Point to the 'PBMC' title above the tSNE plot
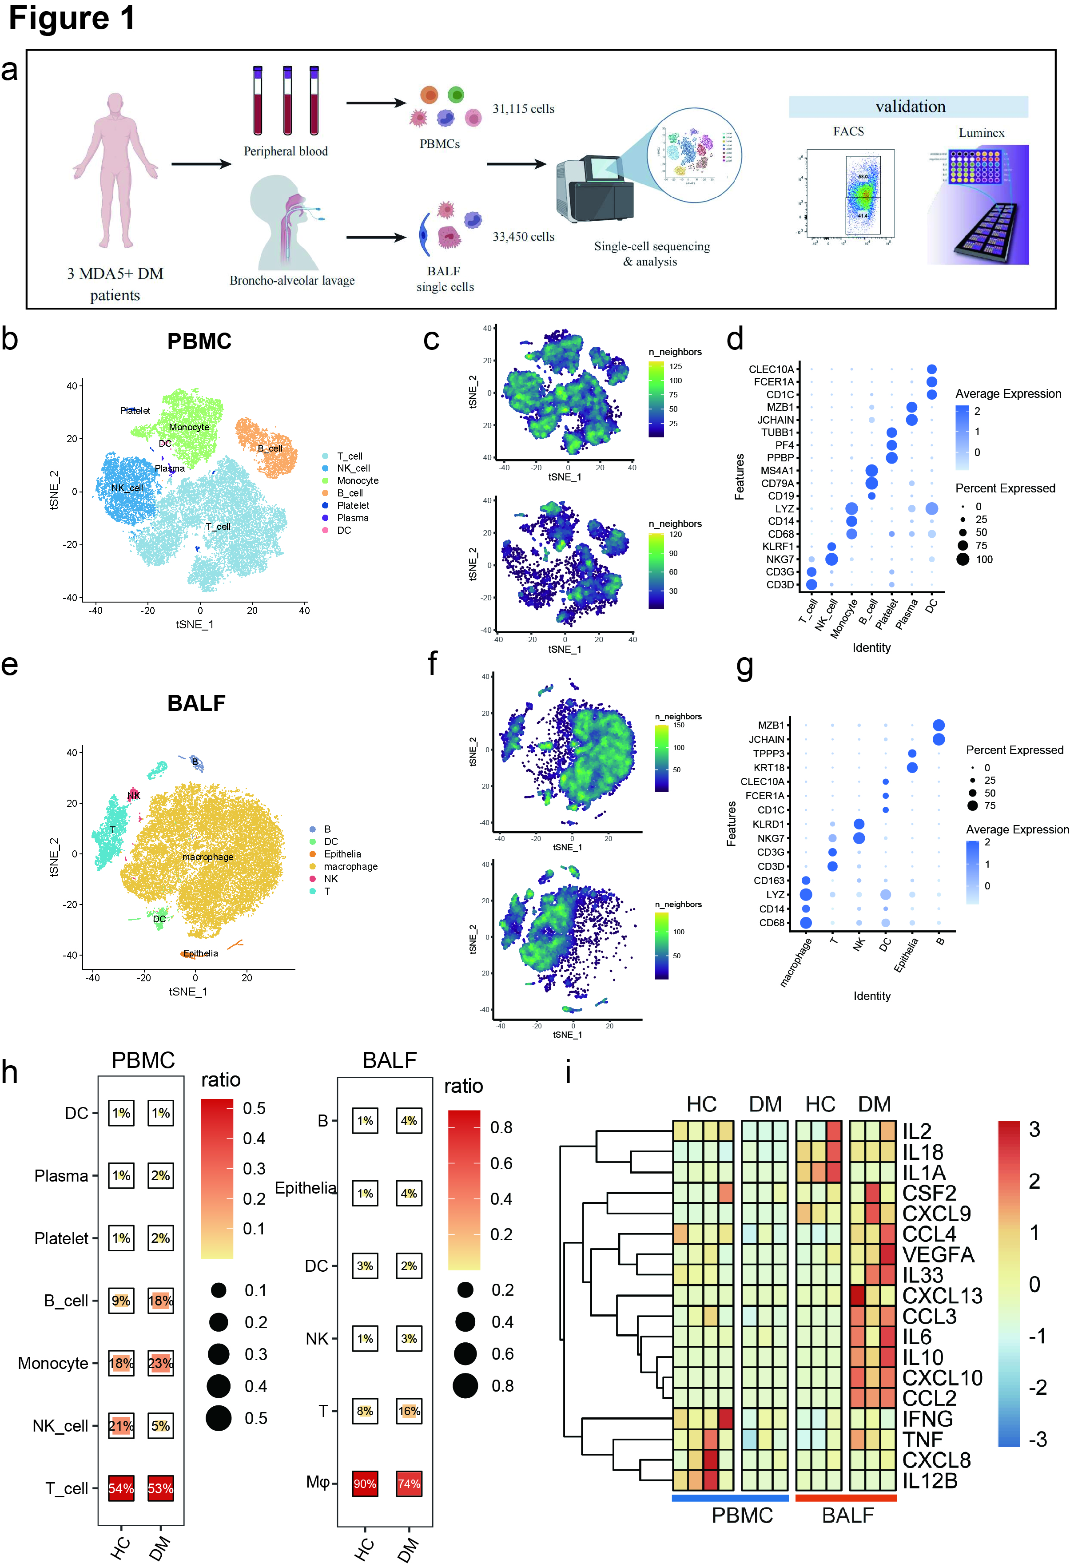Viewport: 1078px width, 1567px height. (x=199, y=341)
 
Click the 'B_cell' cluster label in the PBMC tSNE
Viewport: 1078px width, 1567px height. (x=270, y=448)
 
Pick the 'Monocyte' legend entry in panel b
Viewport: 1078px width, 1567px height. (x=357, y=481)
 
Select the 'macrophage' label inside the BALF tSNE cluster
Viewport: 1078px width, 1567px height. (x=207, y=857)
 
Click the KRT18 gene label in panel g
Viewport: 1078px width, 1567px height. (x=769, y=768)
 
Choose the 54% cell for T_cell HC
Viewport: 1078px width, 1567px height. (x=121, y=1488)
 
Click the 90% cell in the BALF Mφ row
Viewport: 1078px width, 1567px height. (x=365, y=1483)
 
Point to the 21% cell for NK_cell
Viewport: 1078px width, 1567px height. (x=121, y=1425)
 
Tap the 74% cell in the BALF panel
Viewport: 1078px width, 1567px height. (x=409, y=1483)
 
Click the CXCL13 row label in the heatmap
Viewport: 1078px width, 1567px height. (x=942, y=1296)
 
